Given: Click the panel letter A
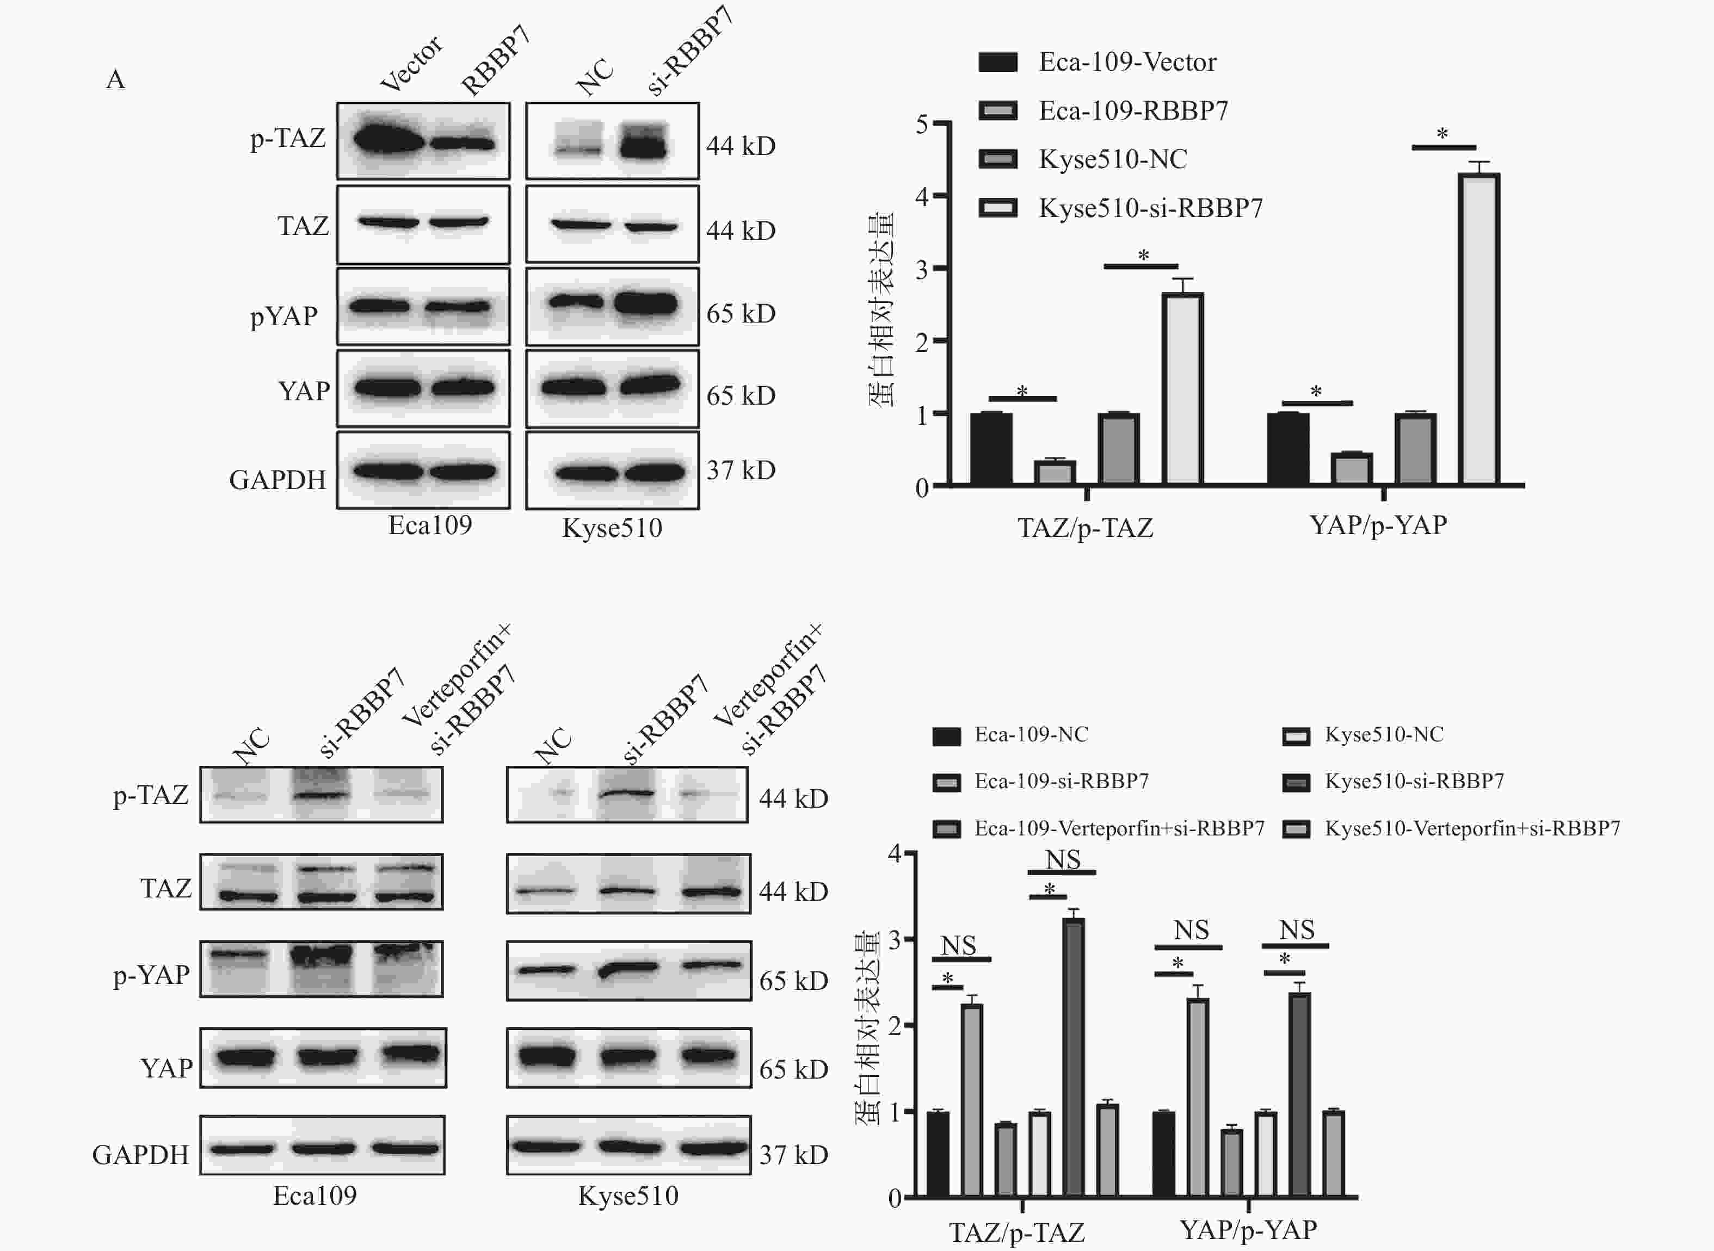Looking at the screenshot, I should click(x=115, y=79).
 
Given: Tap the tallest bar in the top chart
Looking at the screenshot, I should click(x=1479, y=330).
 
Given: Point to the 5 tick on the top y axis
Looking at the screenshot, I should click(x=922, y=123).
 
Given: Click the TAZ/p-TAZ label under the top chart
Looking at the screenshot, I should click(x=1086, y=527).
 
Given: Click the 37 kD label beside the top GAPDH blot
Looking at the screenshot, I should click(x=741, y=470).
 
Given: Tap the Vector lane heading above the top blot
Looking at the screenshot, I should click(x=412, y=64).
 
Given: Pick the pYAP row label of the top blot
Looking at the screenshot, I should click(x=284, y=315).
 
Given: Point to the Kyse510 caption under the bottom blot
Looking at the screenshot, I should click(x=628, y=1196).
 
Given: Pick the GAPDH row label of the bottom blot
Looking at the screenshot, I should click(x=141, y=1155).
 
